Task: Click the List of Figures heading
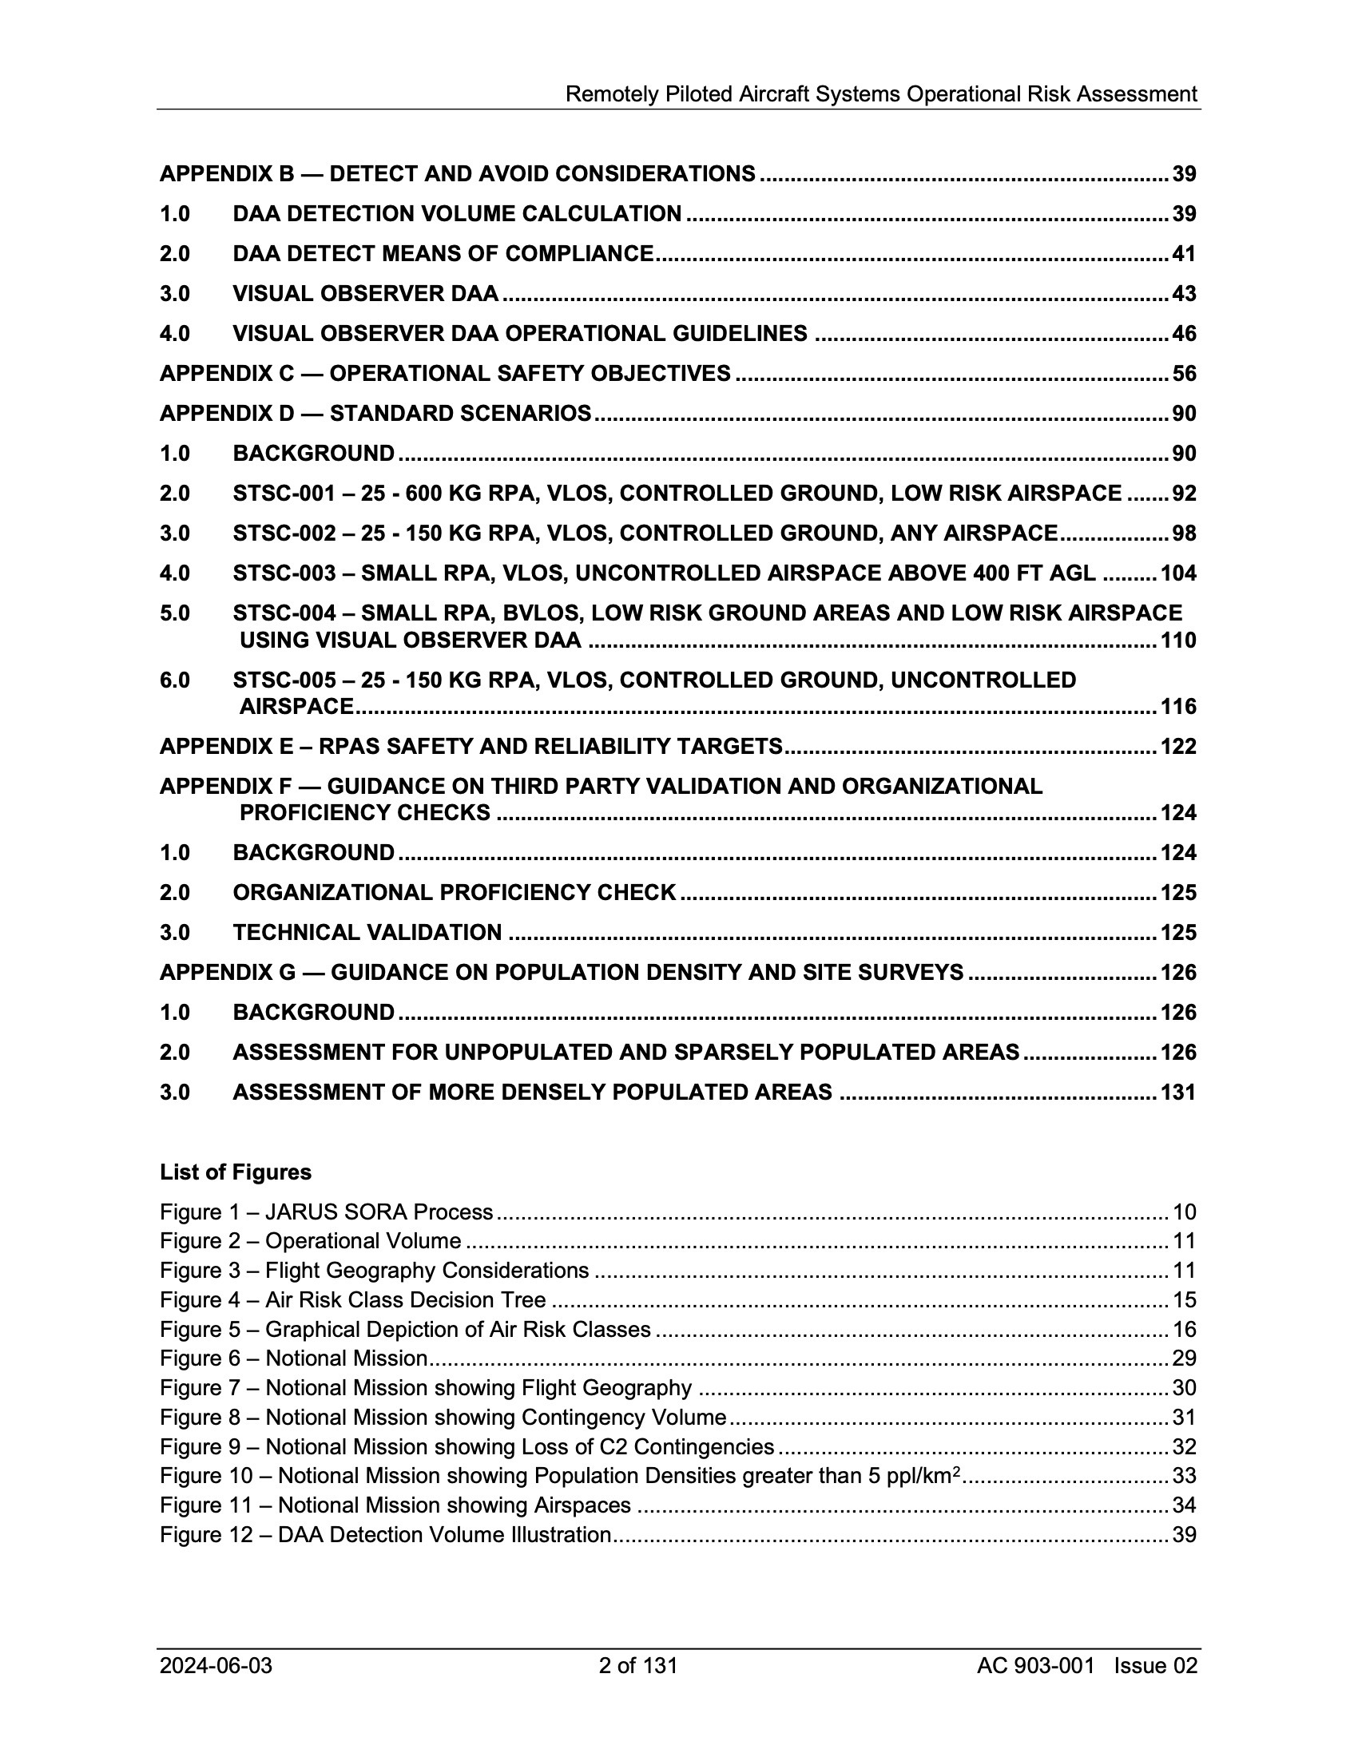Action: click(x=235, y=1172)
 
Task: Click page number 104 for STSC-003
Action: click(x=1177, y=573)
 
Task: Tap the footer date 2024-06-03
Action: click(x=216, y=1665)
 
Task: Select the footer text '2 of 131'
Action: click(x=638, y=1665)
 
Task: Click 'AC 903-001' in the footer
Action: click(x=1035, y=1665)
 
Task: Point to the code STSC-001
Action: click(x=284, y=494)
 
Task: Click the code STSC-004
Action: click(x=284, y=614)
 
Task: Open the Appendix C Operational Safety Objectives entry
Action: click(x=445, y=374)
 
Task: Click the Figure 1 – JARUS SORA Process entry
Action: click(x=326, y=1212)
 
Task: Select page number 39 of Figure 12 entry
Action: click(x=1183, y=1535)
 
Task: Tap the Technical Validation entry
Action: click(x=367, y=933)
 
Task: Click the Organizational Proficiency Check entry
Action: click(x=454, y=893)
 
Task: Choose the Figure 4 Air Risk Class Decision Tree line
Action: click(x=352, y=1300)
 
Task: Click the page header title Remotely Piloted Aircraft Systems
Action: click(x=881, y=95)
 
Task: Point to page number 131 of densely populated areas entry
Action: click(x=1177, y=1093)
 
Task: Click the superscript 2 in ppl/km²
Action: click(x=956, y=1471)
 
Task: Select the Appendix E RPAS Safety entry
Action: click(x=471, y=747)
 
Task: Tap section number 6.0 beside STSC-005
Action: click(x=175, y=680)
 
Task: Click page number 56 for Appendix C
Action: click(x=1183, y=374)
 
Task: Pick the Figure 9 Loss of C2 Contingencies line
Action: click(x=467, y=1447)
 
